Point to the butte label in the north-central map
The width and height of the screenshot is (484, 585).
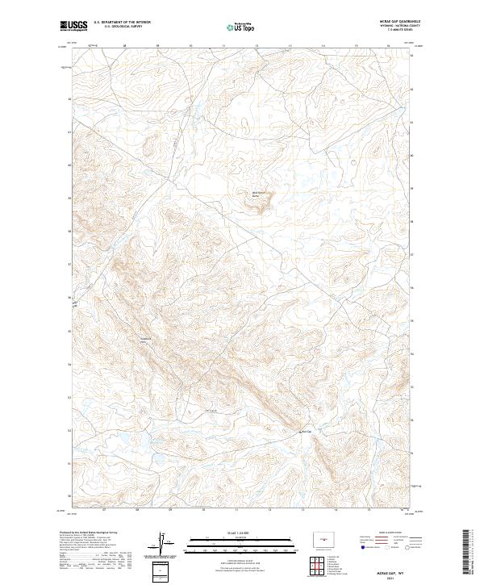click(259, 194)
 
